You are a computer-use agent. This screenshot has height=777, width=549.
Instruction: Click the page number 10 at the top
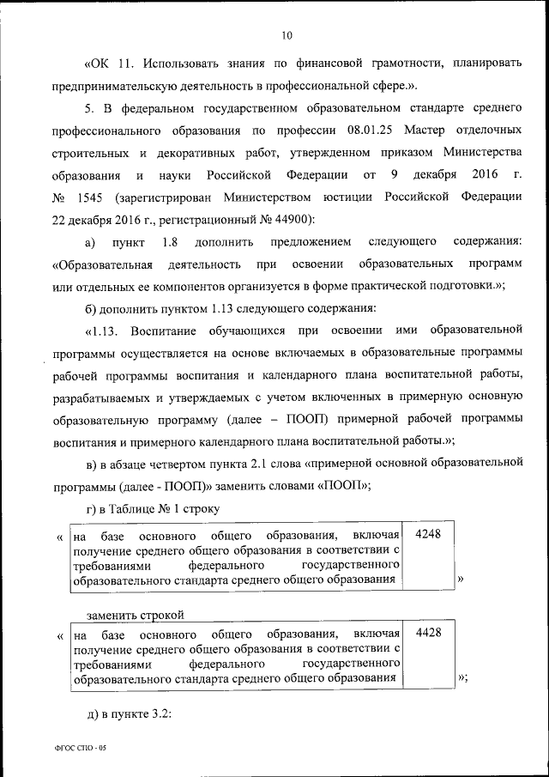pos(287,35)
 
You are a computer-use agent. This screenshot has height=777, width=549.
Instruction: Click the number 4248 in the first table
pos(427,533)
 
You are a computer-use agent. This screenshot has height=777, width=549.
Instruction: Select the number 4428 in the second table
pos(427,632)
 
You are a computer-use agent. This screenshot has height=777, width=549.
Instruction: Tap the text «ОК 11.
pos(109,63)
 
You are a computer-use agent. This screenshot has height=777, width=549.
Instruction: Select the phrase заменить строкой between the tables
pos(136,613)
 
